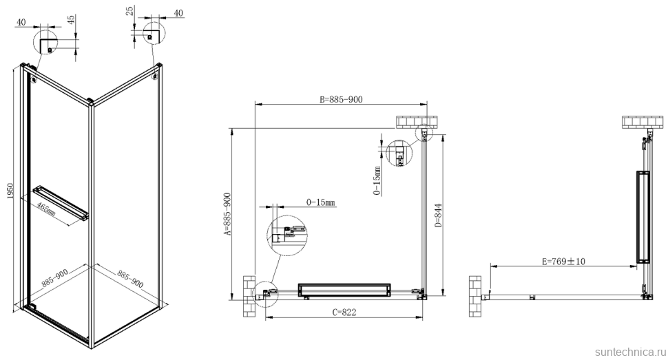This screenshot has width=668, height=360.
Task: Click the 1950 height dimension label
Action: pyautogui.click(x=9, y=195)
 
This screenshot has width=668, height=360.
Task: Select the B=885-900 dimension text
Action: pyautogui.click(x=340, y=99)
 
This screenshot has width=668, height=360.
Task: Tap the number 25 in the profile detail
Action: pyautogui.click(x=130, y=12)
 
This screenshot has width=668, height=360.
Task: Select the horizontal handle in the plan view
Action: pyautogui.click(x=343, y=290)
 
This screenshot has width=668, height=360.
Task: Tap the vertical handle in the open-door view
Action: pyautogui.click(x=642, y=218)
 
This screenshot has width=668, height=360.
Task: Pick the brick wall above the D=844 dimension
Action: pyautogui.click(x=413, y=122)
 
